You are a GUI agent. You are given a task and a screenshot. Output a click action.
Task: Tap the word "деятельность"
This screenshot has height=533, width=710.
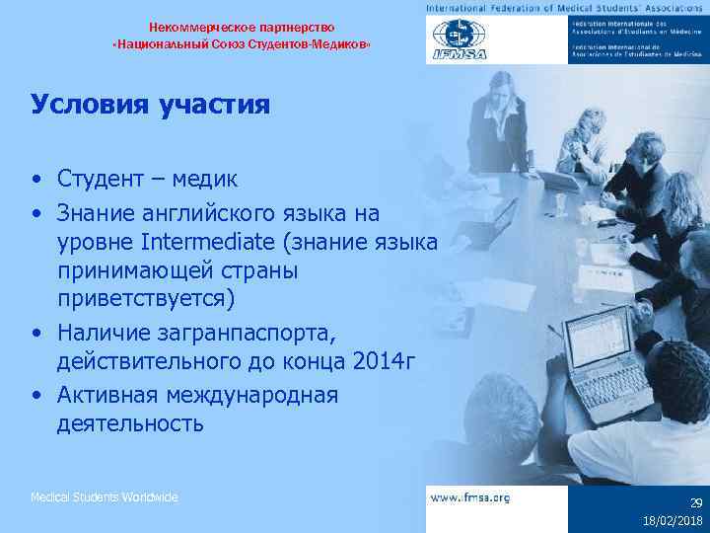point(131,424)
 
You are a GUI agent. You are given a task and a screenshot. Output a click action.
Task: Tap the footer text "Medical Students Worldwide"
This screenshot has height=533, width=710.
point(105,497)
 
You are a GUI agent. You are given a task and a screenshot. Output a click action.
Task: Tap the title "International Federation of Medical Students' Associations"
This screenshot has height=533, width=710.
point(566,7)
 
